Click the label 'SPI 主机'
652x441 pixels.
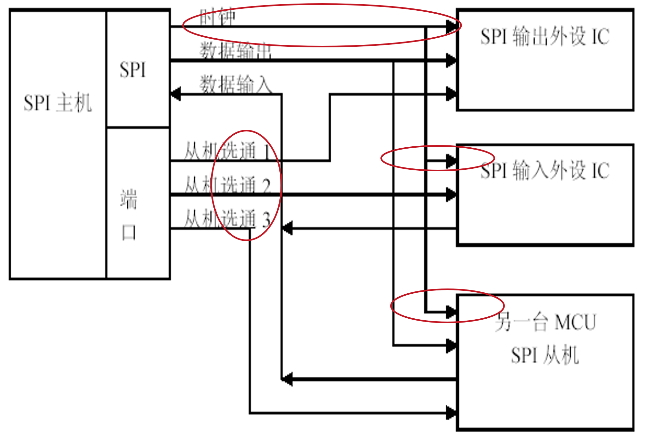[x=58, y=103]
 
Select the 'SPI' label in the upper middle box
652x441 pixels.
[x=133, y=70]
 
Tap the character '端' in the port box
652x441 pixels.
[x=129, y=199]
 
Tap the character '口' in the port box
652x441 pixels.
[x=129, y=233]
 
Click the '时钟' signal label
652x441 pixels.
[x=217, y=17]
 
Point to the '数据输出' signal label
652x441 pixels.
[x=236, y=51]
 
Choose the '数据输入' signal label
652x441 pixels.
[x=236, y=84]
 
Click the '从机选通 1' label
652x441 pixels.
[x=227, y=151]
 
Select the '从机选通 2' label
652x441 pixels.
[x=227, y=185]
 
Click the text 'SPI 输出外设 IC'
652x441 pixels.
[x=545, y=36]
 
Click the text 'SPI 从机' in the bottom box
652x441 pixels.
[x=545, y=355]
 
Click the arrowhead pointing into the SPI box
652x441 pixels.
[x=175, y=94]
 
